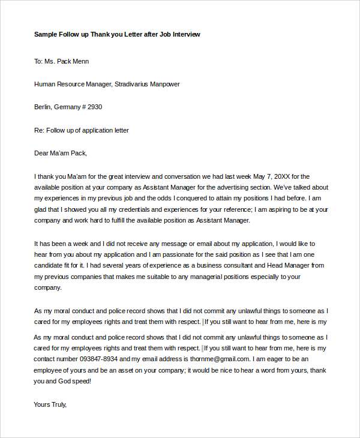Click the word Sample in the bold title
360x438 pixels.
tap(46, 34)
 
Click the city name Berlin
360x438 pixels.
tap(43, 107)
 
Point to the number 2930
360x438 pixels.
tap(95, 107)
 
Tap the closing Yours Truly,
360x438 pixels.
tap(50, 404)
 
